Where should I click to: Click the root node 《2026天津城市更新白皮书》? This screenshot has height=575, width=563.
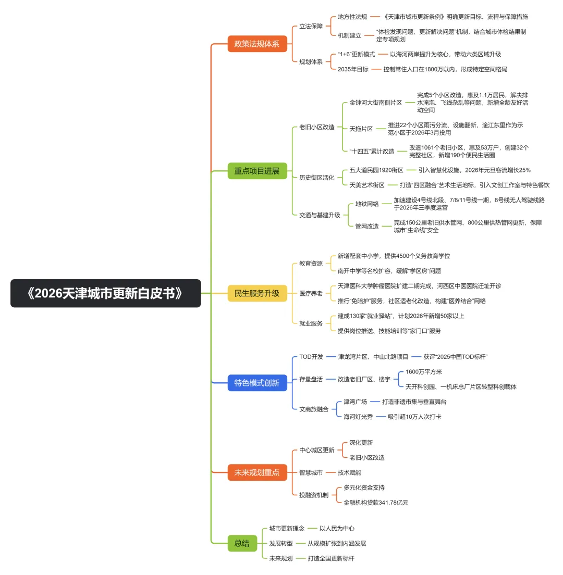(x=105, y=293)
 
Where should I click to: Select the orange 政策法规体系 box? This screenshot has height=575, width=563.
(x=257, y=44)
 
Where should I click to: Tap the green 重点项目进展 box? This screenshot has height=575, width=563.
(x=257, y=171)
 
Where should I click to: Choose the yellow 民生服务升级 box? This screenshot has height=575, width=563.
(x=257, y=293)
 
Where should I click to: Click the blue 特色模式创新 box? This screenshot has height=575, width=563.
(x=257, y=383)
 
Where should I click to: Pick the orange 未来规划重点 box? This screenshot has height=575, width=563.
(x=257, y=472)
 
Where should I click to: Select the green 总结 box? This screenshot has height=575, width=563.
(x=242, y=543)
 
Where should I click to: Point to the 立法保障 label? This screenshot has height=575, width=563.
(x=311, y=27)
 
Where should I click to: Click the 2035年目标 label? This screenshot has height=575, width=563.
(x=353, y=69)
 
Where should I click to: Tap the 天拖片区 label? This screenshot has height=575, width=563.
(x=361, y=129)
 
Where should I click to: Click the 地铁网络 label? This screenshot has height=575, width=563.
(x=367, y=204)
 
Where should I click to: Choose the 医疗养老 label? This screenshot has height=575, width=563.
(x=311, y=293)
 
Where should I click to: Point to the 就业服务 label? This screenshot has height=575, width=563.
(x=311, y=323)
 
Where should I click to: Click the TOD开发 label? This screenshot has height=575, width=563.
(x=311, y=357)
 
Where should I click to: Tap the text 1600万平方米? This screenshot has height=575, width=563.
(x=423, y=372)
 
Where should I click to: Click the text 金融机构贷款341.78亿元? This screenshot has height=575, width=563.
(x=376, y=503)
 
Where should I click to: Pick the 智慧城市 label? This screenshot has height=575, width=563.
(x=311, y=472)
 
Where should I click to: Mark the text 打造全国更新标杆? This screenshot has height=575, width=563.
(x=331, y=558)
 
